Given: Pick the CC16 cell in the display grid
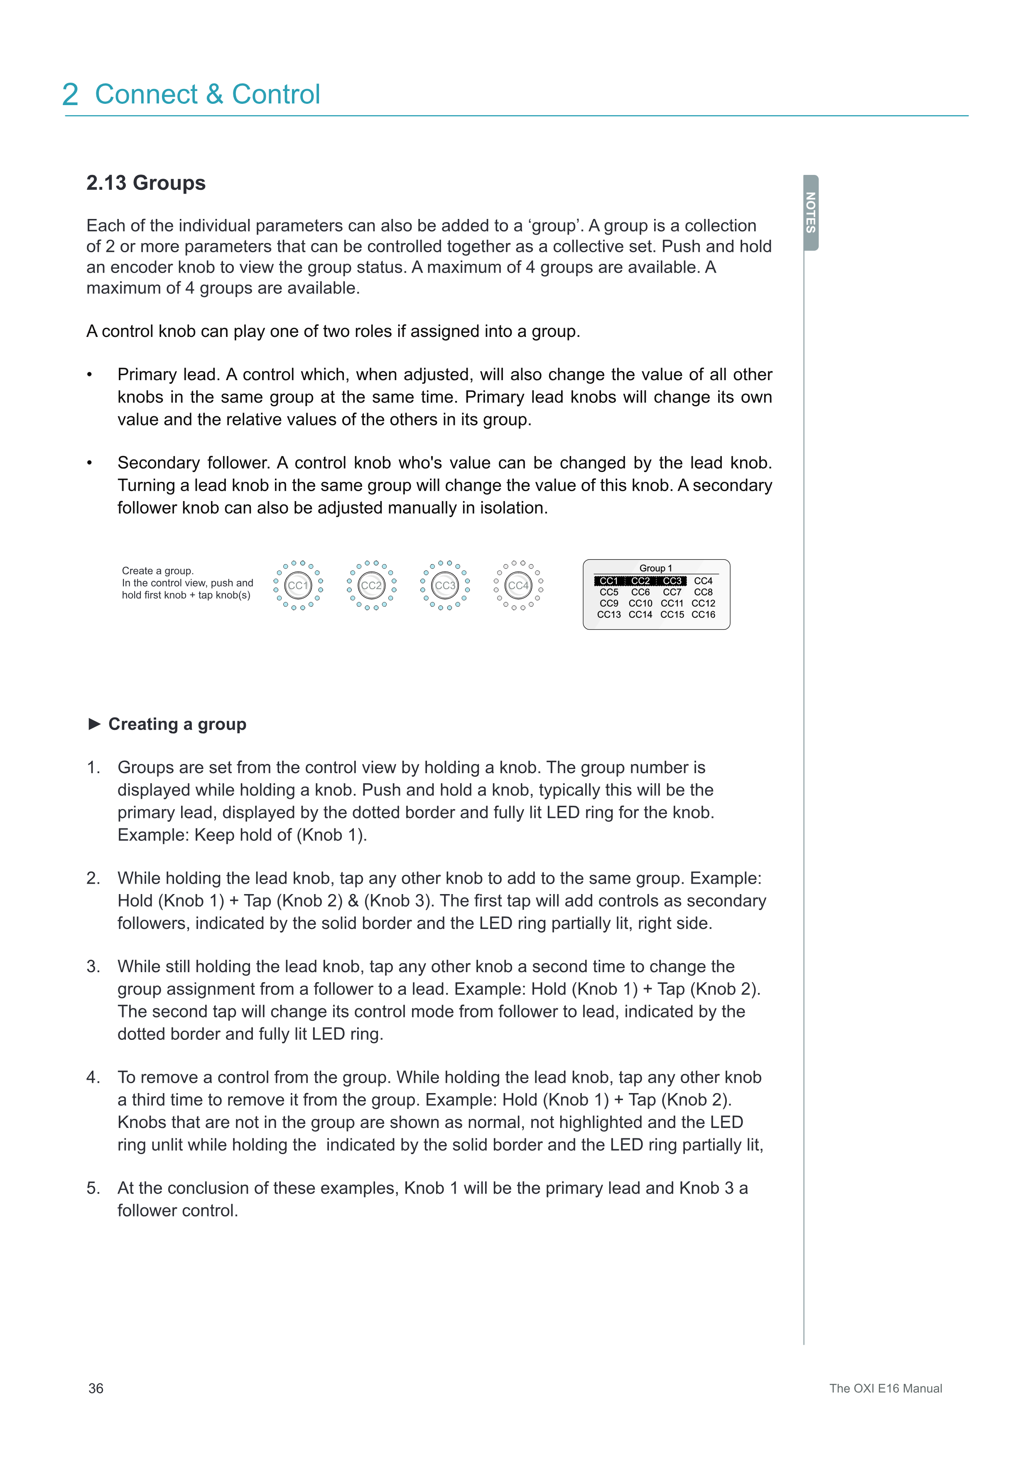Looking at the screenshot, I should point(704,614).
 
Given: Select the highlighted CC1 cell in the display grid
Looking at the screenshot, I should point(609,581).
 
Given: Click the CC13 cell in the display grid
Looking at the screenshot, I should point(609,614).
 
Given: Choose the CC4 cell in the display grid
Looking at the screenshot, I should point(704,581).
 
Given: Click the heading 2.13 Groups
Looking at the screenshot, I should point(146,183).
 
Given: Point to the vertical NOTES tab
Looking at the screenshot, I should point(811,213).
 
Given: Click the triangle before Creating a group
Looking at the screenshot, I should point(95,724).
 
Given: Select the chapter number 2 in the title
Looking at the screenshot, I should point(71,95).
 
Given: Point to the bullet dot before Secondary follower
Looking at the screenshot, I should point(90,463).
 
